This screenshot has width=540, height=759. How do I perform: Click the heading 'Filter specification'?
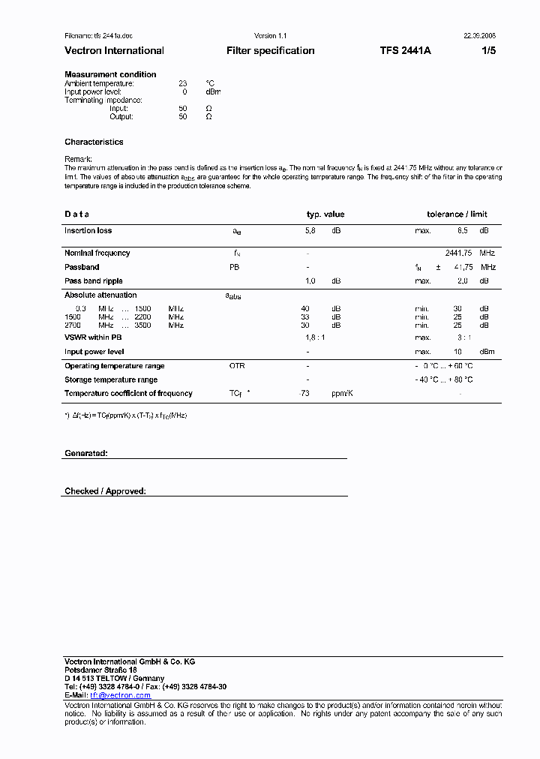[x=270, y=51]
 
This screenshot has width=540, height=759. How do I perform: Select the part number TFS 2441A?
[x=405, y=51]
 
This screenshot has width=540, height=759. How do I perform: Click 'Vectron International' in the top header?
[x=114, y=51]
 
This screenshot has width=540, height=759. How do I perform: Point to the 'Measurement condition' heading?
[x=110, y=74]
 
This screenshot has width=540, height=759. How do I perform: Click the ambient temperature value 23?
[x=183, y=83]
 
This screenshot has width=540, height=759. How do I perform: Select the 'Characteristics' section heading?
[x=94, y=142]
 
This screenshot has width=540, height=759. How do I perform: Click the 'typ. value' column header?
[x=325, y=214]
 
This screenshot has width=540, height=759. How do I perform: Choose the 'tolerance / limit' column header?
[x=457, y=214]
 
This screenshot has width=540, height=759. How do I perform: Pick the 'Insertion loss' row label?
[x=88, y=231]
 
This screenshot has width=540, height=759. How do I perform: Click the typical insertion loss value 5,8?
[x=310, y=231]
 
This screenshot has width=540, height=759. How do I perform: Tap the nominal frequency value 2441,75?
[x=460, y=253]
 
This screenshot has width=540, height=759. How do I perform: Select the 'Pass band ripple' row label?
[x=93, y=280]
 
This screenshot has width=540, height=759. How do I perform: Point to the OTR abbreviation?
[x=237, y=366]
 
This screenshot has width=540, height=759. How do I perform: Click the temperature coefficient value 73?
[x=304, y=394]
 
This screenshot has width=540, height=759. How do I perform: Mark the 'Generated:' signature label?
[x=86, y=454]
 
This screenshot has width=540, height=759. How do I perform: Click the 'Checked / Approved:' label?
[x=105, y=491]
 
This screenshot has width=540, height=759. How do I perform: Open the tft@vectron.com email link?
[x=121, y=695]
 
